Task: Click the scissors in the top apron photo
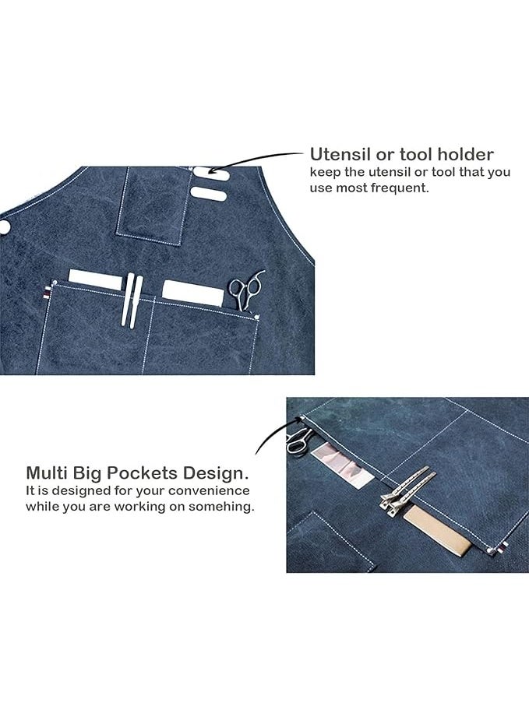pos(246,290)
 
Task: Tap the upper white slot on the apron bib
pos(211,174)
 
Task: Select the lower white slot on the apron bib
pos(208,194)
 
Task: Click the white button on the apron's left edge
pos(4,227)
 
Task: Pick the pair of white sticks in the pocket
pos(131,300)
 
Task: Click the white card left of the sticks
pos(95,279)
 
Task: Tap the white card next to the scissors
pos(193,293)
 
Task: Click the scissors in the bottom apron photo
pos(299,440)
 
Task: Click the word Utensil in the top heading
pos(340,154)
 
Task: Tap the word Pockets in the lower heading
pos(140,472)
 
